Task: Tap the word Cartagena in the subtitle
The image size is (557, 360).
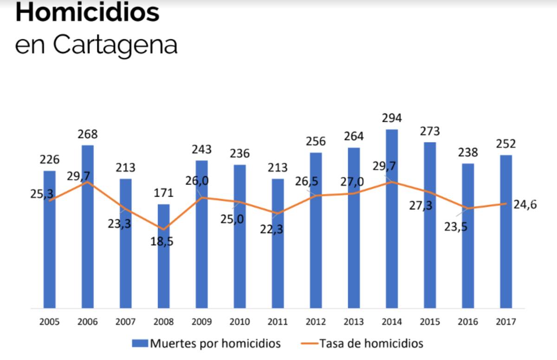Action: coord(115,45)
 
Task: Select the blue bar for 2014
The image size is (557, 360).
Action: coord(392,218)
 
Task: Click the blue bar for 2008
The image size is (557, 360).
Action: coord(163,255)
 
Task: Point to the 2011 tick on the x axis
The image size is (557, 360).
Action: coord(278,322)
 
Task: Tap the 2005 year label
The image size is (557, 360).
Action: coord(49,322)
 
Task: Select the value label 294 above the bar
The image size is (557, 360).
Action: coord(392,118)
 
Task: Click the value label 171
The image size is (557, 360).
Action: coord(163,193)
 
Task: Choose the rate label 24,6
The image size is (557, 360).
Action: coord(525,204)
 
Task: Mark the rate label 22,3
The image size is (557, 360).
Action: coord(271,229)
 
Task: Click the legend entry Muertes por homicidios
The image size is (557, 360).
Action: coord(215,344)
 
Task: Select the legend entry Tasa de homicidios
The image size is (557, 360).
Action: coord(371,344)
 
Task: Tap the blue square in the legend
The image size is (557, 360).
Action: coord(140,344)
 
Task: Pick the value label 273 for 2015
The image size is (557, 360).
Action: coord(430,131)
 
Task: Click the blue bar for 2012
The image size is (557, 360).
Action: coord(316,230)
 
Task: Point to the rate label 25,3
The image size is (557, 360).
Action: coord(42,194)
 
